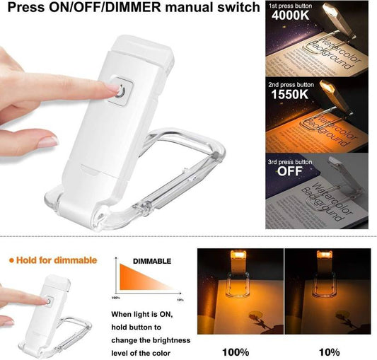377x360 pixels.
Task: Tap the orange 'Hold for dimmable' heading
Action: tap(52, 260)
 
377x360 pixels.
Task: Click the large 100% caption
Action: tap(235, 351)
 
